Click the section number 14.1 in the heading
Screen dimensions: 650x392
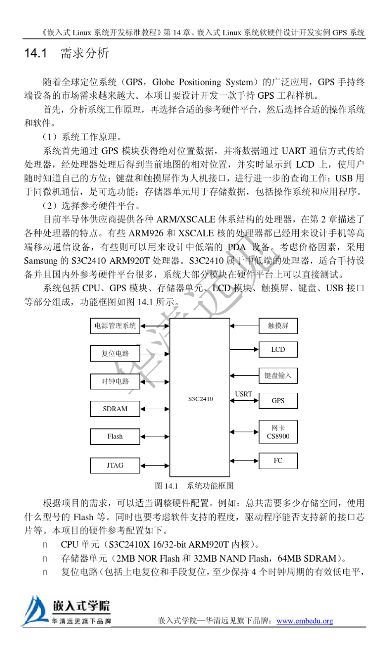point(35,53)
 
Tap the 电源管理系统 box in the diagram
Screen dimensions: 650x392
point(115,326)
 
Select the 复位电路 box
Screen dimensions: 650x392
point(115,353)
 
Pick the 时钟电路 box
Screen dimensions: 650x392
point(115,381)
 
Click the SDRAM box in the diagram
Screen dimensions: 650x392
point(115,409)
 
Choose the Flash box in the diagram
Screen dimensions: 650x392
point(115,436)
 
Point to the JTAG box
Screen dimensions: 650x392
point(115,465)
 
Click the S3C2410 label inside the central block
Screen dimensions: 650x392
point(201,399)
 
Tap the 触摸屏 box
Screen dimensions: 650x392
point(278,326)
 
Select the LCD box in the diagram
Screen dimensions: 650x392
point(278,349)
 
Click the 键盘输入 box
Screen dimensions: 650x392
point(278,375)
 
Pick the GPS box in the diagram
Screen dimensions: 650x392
point(278,401)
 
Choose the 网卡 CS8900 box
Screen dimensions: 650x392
point(278,432)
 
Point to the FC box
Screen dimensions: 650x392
point(278,460)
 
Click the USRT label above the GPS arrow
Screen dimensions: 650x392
point(243,394)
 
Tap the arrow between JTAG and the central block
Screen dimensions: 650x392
point(155,466)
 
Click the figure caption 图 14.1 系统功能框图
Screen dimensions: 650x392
point(194,486)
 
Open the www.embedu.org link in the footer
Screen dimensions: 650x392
point(305,621)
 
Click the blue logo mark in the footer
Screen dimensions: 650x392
point(35,611)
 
